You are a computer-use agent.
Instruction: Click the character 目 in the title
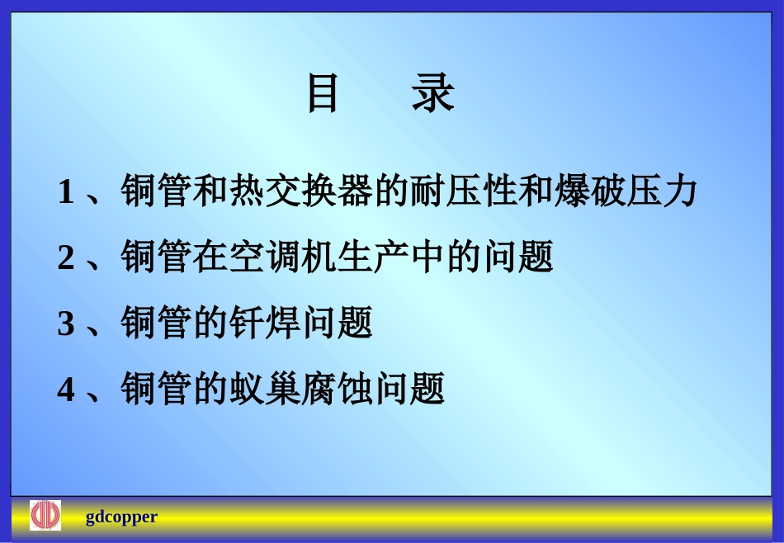point(323,93)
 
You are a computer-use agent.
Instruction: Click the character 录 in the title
point(433,93)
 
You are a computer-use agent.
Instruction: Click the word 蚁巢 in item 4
point(266,388)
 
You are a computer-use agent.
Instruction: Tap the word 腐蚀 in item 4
point(338,388)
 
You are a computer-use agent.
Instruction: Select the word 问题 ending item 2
point(517,257)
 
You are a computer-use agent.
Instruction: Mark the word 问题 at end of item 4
point(410,388)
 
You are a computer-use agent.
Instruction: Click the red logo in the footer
point(45,516)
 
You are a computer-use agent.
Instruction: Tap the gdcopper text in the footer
point(121,517)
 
